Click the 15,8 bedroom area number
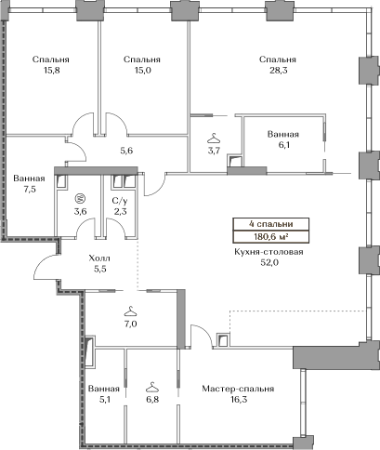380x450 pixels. [52, 71]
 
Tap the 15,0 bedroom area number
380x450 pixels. [143, 71]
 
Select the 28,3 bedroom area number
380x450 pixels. [278, 71]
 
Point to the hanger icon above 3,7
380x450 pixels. [214, 138]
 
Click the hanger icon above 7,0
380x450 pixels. [130, 311]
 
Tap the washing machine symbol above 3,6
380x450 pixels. [80, 198]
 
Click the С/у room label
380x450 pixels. [120, 201]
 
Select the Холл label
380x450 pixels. [99, 258]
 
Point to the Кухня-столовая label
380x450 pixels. [269, 252]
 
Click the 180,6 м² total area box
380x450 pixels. [271, 237]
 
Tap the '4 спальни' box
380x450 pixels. [271, 224]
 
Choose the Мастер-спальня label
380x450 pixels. [238, 389]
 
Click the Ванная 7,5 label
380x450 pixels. [29, 183]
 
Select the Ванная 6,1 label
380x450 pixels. [283, 139]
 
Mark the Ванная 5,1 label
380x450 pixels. [104, 394]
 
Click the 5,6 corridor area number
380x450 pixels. [126, 151]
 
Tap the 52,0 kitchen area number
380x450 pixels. [269, 263]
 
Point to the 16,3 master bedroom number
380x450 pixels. [239, 400]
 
